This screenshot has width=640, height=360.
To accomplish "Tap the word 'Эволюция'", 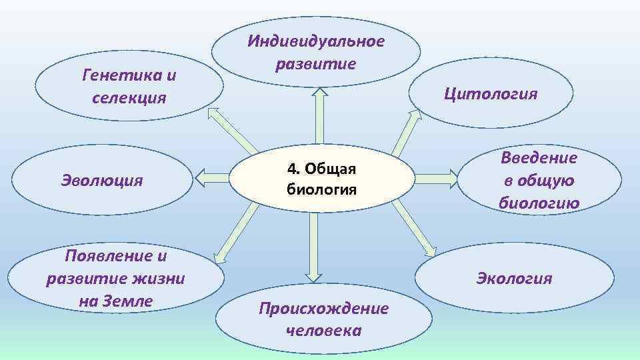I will [102, 180].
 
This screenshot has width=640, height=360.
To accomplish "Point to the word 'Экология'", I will [513, 278].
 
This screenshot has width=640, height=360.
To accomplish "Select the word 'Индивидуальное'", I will [316, 41].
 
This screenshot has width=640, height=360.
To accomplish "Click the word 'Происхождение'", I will [323, 308].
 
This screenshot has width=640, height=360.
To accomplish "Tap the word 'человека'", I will [323, 331].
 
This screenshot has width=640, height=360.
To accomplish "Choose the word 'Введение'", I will [539, 157].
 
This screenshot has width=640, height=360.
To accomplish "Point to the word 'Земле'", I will [128, 301].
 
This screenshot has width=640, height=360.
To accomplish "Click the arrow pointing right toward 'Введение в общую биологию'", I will [435, 177].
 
